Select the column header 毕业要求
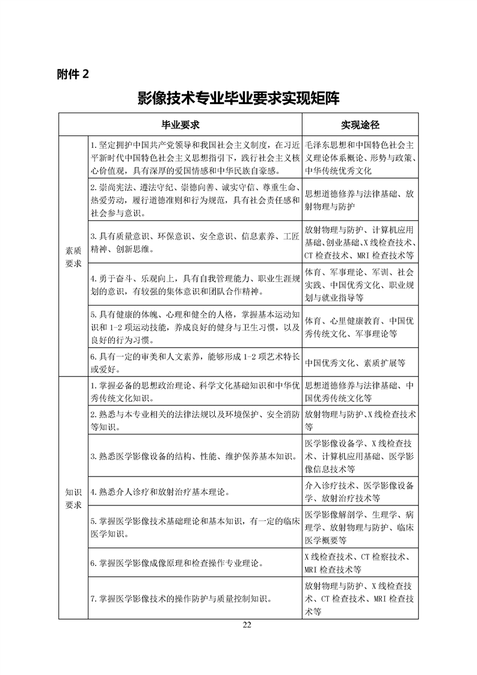tap(180, 125)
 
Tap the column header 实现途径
tap(360, 125)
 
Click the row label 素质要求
tap(73, 257)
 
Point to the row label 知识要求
tap(73, 498)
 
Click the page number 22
tap(247, 624)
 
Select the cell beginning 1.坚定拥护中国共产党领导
tap(194, 158)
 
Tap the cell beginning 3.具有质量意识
tap(194, 241)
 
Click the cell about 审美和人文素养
tap(194, 363)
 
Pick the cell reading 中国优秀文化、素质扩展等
tap(360, 363)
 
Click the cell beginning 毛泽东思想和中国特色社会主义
tap(360, 158)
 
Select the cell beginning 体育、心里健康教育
tap(360, 326)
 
